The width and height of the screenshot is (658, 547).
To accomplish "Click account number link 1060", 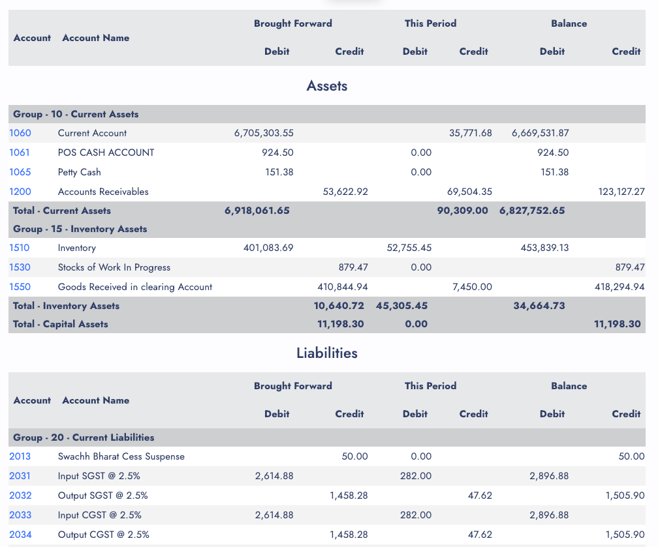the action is coord(20,133).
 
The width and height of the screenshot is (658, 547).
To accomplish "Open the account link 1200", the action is coord(20,192).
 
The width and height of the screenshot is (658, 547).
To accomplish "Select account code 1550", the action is coord(20,287).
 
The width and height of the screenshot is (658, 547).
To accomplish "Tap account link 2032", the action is coord(21,495).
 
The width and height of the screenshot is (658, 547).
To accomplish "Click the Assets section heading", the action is coord(327,85).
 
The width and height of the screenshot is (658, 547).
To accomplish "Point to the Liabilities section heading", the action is coord(327,353).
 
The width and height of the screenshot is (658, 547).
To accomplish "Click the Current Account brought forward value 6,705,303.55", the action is coord(264,133).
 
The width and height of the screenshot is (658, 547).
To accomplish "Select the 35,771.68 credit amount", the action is coord(471,133).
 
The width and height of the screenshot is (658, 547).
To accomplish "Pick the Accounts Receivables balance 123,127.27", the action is coord(621,192).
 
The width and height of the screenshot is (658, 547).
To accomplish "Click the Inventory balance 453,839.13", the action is coord(544,248).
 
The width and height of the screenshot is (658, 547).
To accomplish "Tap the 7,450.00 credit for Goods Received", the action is coord(472,287).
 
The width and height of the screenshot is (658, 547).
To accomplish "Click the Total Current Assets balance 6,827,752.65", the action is coord(532,211).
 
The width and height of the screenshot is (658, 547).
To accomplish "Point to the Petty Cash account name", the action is coord(80,172).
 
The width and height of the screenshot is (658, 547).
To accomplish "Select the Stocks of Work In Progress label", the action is coord(114,267).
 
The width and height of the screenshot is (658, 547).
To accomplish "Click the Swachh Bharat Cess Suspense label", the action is coord(121,456).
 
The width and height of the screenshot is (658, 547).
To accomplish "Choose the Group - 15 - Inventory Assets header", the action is coord(80,229).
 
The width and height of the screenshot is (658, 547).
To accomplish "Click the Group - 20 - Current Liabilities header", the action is coord(84,437).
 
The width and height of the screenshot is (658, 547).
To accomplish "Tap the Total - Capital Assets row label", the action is coord(61,324).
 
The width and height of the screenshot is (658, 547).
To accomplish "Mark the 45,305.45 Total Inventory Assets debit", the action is coord(401,306).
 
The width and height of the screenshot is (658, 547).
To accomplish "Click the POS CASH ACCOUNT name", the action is coord(106,152).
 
